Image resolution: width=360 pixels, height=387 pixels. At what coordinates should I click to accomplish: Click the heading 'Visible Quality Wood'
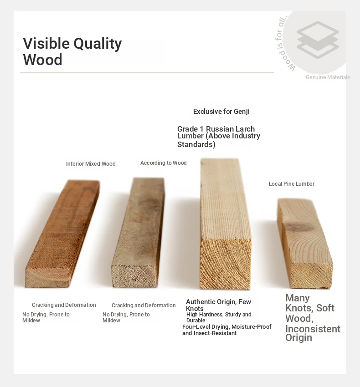72,51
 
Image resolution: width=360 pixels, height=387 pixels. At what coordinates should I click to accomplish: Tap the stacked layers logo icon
318,40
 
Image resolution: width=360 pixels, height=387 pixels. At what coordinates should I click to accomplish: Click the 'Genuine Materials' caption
328,77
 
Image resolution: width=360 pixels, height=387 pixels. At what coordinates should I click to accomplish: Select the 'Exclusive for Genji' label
221,111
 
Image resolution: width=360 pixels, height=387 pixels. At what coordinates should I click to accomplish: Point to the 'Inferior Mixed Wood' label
91,163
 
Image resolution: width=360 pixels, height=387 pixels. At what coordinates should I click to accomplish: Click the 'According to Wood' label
163,163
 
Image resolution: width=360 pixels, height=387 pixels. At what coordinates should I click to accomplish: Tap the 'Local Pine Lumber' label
292,184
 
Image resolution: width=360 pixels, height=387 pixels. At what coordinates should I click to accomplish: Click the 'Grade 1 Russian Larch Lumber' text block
219,137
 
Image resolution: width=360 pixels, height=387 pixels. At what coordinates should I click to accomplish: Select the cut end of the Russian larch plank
225,264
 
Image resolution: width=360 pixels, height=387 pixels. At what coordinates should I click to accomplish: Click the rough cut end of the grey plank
134,276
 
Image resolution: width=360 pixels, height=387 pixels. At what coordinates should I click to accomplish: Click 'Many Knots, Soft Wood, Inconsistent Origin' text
313,318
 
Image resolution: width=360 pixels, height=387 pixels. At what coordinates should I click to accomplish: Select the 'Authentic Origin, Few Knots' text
218,305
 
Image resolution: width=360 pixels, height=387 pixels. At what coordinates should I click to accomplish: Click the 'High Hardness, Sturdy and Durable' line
219,317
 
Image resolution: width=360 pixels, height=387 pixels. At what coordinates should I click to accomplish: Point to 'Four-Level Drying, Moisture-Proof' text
227,327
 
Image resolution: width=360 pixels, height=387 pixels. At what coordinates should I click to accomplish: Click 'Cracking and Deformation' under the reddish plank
64,305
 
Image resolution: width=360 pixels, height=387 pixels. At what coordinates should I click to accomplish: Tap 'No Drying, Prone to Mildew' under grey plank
126,317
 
